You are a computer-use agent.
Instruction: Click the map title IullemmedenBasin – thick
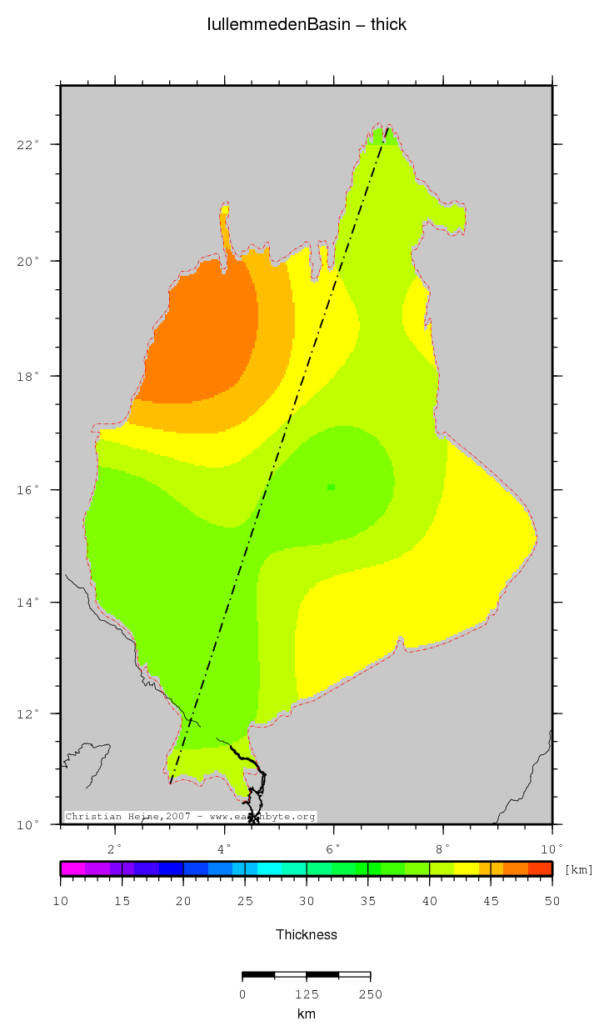tap(307, 24)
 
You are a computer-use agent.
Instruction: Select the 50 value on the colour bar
tap(552, 901)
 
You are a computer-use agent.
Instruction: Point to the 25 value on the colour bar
tap(245, 901)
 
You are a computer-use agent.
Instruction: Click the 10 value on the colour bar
tap(61, 901)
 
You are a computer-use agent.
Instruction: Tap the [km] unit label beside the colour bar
tap(579, 870)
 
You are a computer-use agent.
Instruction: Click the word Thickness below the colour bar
tap(307, 935)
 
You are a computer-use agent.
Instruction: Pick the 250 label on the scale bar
tap(370, 993)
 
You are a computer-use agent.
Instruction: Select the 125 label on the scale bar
tap(307, 993)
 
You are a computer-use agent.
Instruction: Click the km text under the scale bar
tap(307, 1013)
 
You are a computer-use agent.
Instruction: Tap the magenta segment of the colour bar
tap(72, 868)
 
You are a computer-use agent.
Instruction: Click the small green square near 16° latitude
tap(331, 487)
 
